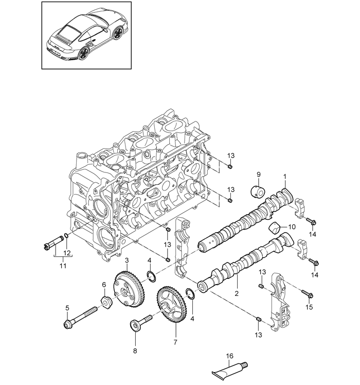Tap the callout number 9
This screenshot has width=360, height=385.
click(x=258, y=174)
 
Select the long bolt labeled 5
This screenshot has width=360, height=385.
click(x=80, y=317)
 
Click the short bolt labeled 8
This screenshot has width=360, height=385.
click(x=141, y=323)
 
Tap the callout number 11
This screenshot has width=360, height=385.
click(x=63, y=266)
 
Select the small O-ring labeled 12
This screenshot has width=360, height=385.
click(x=66, y=236)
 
